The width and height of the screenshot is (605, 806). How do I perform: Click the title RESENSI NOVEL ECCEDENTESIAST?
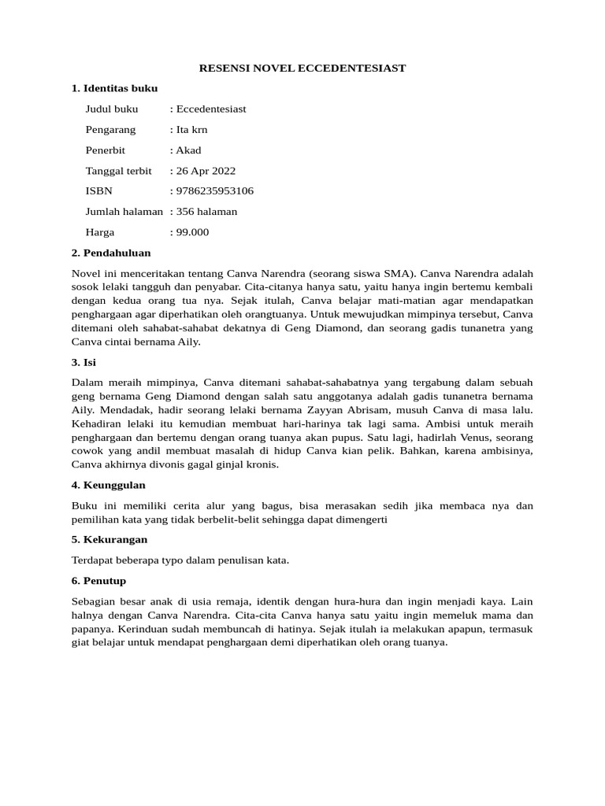(x=302, y=68)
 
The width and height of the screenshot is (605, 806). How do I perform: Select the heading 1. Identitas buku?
(x=114, y=89)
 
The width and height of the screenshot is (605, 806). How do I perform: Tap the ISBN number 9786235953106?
(x=214, y=191)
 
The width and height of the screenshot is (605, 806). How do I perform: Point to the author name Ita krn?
(x=191, y=130)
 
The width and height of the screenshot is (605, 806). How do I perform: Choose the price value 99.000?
(x=192, y=232)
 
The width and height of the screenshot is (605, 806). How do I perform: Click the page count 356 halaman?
(x=206, y=212)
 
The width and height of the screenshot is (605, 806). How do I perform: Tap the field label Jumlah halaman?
(x=124, y=212)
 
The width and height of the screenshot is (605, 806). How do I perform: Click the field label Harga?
(x=100, y=232)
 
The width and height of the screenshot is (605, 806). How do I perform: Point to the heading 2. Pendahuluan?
(x=111, y=253)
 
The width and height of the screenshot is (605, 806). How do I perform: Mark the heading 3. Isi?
(x=84, y=363)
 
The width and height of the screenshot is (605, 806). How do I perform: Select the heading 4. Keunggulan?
(x=109, y=485)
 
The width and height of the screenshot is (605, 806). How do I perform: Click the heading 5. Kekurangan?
(x=109, y=540)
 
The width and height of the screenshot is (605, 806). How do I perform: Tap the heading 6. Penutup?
(x=105, y=581)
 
